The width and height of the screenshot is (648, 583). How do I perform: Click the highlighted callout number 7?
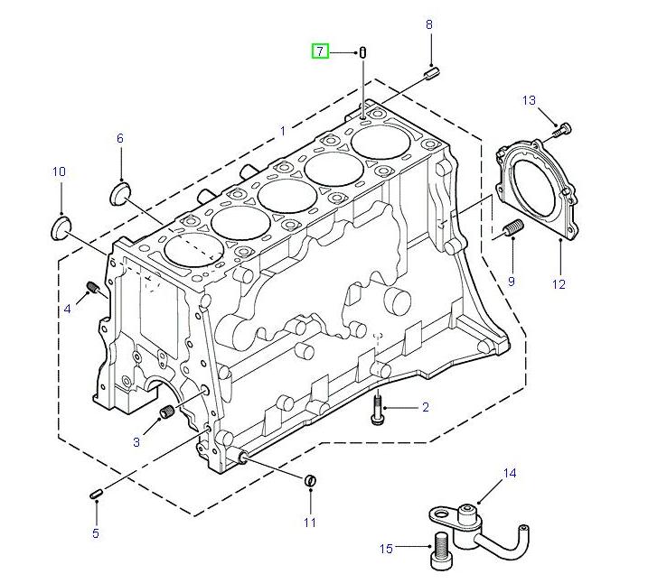(321, 51)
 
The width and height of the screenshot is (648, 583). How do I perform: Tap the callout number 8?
(430, 24)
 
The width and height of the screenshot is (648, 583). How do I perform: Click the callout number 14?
(510, 472)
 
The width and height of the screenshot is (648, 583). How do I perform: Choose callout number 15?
(388, 547)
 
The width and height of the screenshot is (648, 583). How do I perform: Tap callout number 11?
(310, 522)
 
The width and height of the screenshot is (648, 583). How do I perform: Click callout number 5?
(95, 533)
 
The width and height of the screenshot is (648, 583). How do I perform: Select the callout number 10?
(60, 171)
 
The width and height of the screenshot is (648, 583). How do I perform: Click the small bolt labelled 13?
(560, 130)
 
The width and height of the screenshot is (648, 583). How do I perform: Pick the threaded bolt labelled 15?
(440, 547)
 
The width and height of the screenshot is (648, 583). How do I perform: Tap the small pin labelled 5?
(97, 492)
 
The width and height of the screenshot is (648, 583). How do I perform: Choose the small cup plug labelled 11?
(309, 479)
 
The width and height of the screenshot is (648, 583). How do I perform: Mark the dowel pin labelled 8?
(432, 72)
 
